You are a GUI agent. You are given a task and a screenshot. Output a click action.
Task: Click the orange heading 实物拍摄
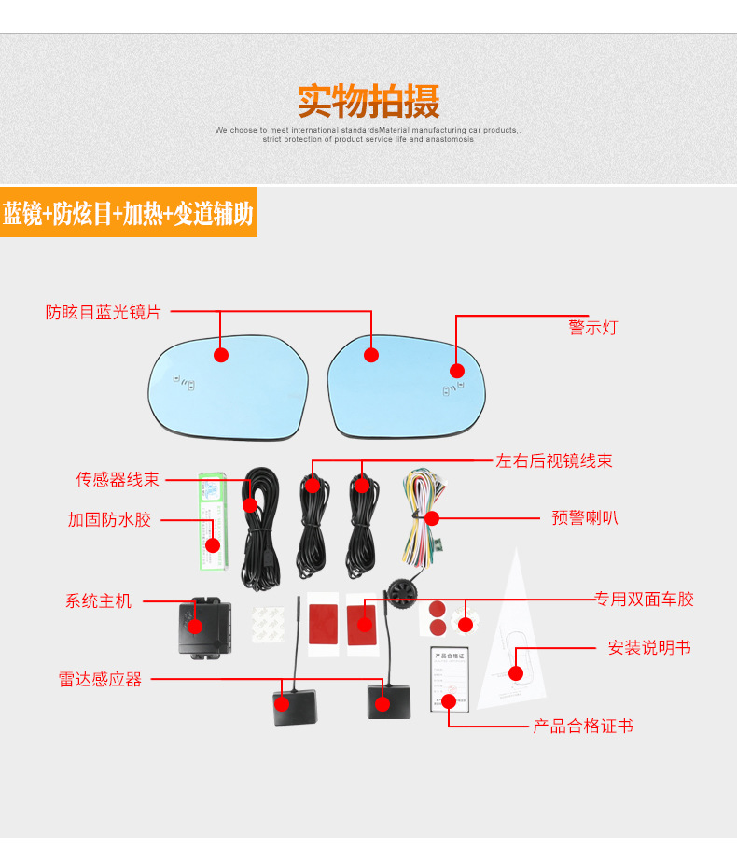click(x=368, y=101)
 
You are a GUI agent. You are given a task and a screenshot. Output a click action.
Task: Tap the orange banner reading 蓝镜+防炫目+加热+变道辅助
click(x=128, y=214)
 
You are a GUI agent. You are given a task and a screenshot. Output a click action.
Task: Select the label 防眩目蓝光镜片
click(x=104, y=312)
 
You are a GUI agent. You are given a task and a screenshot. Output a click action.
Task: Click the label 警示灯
click(x=592, y=328)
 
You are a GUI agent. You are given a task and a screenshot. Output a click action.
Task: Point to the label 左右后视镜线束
click(x=554, y=460)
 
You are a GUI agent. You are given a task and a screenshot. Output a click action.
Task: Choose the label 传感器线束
click(x=118, y=479)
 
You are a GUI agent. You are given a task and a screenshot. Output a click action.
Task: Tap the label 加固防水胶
click(x=109, y=519)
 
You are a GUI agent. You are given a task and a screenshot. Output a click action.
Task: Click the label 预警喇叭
click(x=585, y=517)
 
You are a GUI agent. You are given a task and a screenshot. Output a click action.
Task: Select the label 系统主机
click(x=98, y=600)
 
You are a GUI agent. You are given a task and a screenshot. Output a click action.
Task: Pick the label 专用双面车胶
click(x=645, y=600)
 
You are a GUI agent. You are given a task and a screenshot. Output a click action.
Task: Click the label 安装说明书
click(x=649, y=647)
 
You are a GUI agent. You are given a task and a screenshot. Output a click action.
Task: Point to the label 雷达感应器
click(x=100, y=680)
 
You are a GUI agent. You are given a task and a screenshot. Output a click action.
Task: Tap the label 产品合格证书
click(x=583, y=726)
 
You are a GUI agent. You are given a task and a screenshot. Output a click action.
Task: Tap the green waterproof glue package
click(x=214, y=519)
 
